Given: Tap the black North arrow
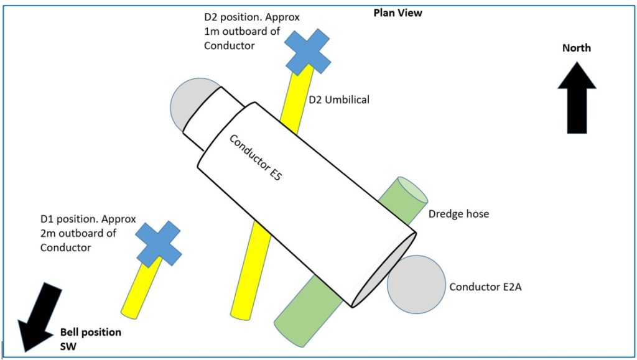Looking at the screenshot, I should [577, 99].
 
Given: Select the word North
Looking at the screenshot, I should [576, 48].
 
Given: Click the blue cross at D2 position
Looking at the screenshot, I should [307, 52].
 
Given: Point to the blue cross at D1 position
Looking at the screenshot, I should [159, 244].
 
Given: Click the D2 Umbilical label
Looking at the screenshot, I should [339, 99].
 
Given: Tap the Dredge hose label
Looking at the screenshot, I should [459, 214].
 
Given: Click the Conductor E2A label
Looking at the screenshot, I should [485, 287].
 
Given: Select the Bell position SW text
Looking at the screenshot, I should [90, 339].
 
